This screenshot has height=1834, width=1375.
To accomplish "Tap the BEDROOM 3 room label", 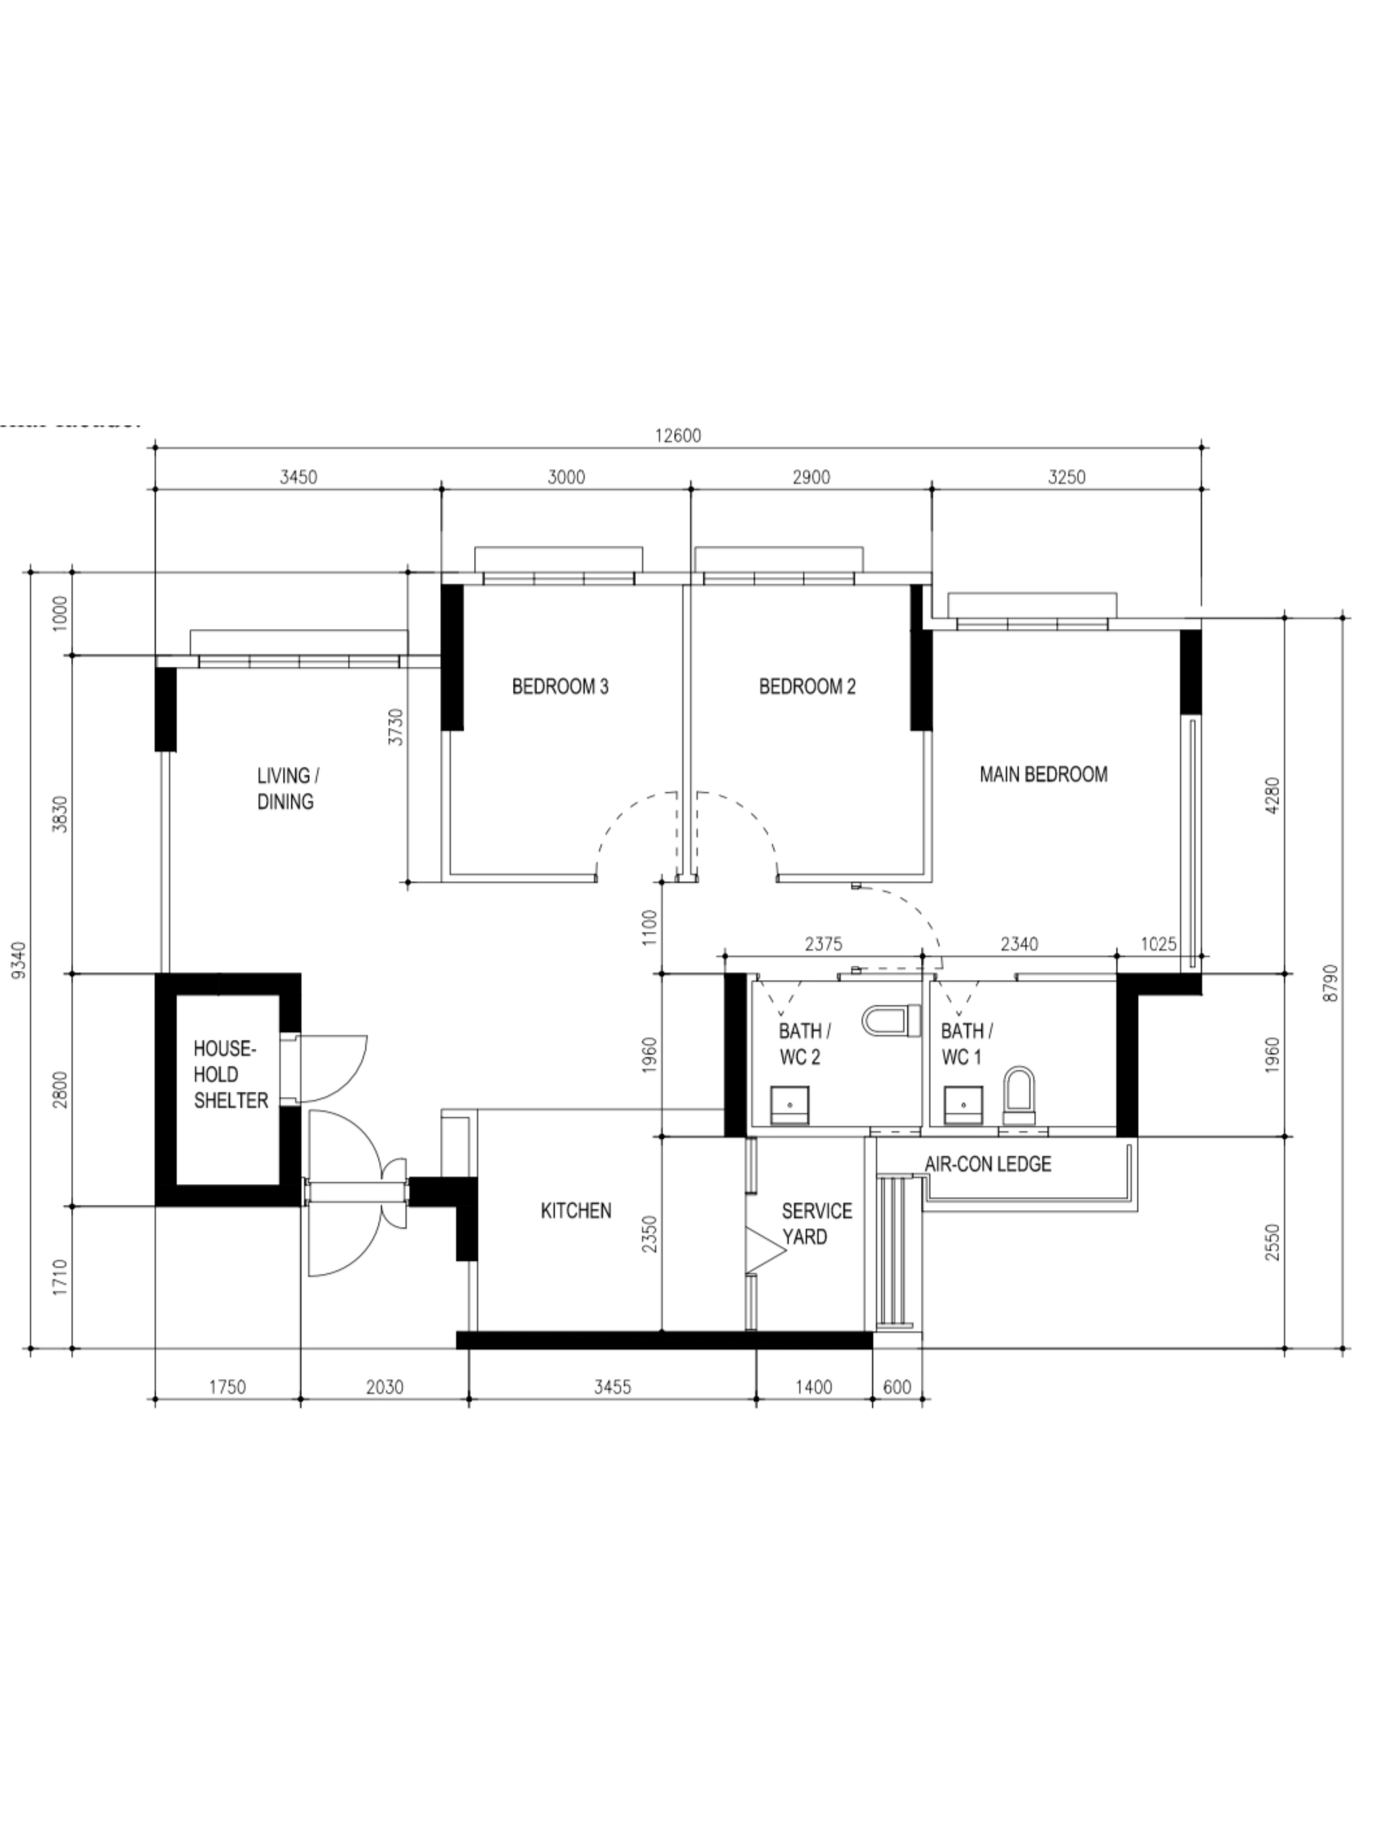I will pyautogui.click(x=560, y=686).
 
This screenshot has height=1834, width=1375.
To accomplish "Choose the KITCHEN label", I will pyautogui.click(x=576, y=1210).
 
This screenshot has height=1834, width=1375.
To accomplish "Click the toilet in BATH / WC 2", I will pyautogui.click(x=893, y=1021).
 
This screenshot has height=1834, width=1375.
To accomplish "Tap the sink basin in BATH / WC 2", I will pyautogui.click(x=789, y=1106).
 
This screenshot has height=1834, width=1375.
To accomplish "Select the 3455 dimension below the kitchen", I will pyautogui.click(x=612, y=1387).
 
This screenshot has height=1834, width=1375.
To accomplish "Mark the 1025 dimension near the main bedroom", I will pyautogui.click(x=1158, y=944).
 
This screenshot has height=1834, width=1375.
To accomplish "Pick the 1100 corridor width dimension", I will pyautogui.click(x=649, y=927).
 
